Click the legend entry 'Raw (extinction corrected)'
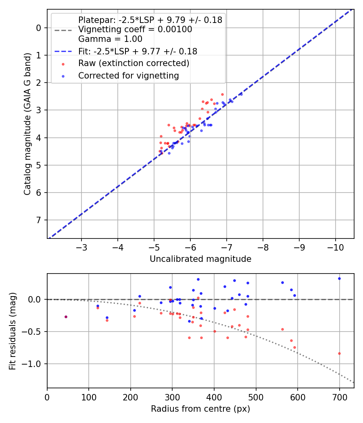coord(134,63)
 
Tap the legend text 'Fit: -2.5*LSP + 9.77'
coord(138,51)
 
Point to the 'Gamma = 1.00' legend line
coord(110,39)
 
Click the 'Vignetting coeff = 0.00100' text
coord(135,29)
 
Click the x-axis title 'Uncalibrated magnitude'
coord(200,259)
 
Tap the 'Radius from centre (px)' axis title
coord(200,409)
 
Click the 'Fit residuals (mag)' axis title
coord(13,331)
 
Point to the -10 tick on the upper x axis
coord(336,246)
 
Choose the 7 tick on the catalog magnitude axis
coord(39,220)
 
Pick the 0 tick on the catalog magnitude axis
coord(39,28)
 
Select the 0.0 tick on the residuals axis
coord(35,299)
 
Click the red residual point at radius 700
coord(339,353)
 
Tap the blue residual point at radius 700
coord(339,278)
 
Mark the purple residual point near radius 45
coord(66,317)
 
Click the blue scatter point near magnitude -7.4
coord(241,94)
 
